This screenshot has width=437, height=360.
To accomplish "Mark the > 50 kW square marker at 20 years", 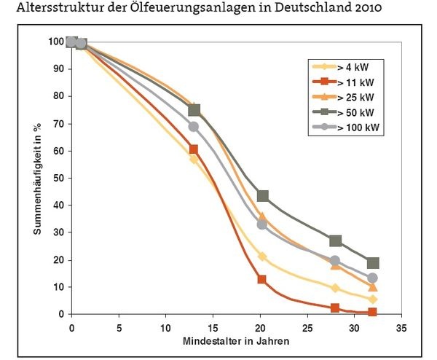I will point(263,196).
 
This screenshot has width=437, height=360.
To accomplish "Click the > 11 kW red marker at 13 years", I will point(194,149).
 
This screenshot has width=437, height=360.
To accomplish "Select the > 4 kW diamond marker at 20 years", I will point(262,257).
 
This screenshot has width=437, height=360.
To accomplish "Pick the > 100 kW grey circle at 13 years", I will point(194,126).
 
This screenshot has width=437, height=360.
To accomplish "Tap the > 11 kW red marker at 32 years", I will point(373,313).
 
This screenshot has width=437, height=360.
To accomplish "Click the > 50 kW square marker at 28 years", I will point(335,240).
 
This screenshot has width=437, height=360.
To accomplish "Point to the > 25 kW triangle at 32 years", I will point(373,287).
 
